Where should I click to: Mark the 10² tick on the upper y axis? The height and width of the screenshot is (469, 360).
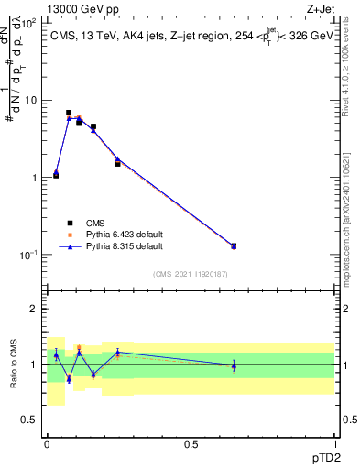pos(30,23)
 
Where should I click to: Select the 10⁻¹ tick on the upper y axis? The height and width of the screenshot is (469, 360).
pos(29,255)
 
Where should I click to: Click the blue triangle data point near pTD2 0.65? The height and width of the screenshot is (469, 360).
pos(234,245)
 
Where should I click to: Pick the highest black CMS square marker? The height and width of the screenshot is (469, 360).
pos(69,113)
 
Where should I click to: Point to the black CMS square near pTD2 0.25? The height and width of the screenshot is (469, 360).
pos(117,163)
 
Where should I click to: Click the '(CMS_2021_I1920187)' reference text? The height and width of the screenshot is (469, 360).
pos(191,273)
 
